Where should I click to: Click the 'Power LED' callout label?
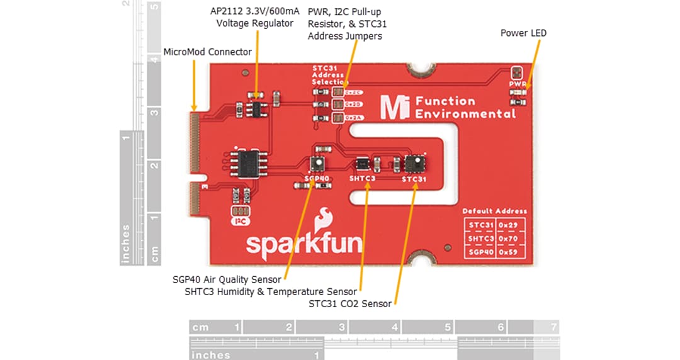click(x=523, y=33)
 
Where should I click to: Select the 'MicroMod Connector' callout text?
click(x=207, y=52)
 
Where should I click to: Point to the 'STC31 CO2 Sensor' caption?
click(x=349, y=304)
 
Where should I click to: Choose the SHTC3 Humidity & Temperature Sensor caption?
click(x=271, y=291)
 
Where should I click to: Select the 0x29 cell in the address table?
click(x=511, y=224)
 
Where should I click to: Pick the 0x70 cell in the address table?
click(x=511, y=239)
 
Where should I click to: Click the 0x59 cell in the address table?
click(x=511, y=252)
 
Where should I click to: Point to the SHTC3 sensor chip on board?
click(x=363, y=164)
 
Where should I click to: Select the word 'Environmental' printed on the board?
click(x=465, y=114)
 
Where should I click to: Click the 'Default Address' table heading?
click(x=494, y=211)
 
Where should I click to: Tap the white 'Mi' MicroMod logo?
click(x=394, y=107)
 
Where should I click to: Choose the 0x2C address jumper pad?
click(x=337, y=92)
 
